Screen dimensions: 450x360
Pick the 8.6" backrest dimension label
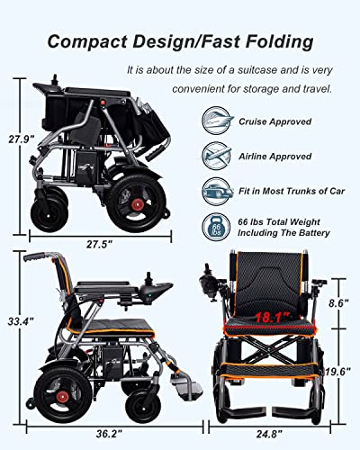coord(339,305)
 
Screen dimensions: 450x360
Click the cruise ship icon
coord(216,121)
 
